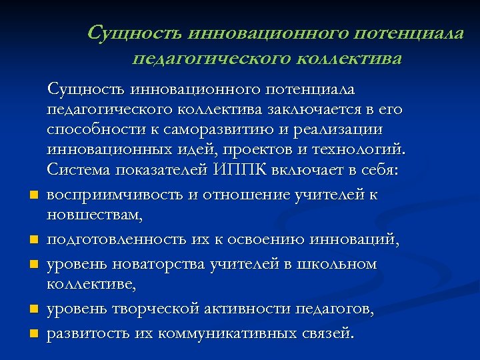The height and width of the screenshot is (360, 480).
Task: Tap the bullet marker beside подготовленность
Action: coord(31,239)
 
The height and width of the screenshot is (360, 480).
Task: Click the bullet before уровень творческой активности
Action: coord(31,309)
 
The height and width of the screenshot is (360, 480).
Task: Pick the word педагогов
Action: coord(339,309)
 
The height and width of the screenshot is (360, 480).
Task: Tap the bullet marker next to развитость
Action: coord(31,332)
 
